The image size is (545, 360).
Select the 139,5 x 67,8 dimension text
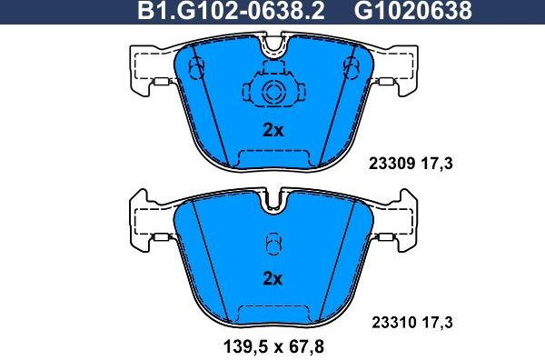coord(272,345)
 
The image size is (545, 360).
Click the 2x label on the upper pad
coord(272,130)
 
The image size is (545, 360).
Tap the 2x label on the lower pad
coord(272,278)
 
